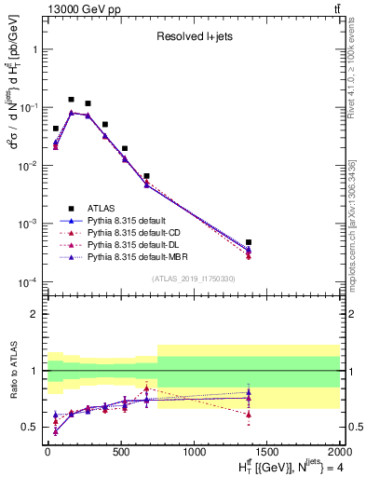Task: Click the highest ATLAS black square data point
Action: [71, 99]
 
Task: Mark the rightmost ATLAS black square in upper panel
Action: [248, 242]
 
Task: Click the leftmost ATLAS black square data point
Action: [56, 129]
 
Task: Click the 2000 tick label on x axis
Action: [339, 452]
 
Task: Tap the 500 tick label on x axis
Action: [121, 452]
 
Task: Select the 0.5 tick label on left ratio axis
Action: [30, 428]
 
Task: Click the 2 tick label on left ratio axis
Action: [34, 314]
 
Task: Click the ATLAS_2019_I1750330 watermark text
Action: [193, 278]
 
